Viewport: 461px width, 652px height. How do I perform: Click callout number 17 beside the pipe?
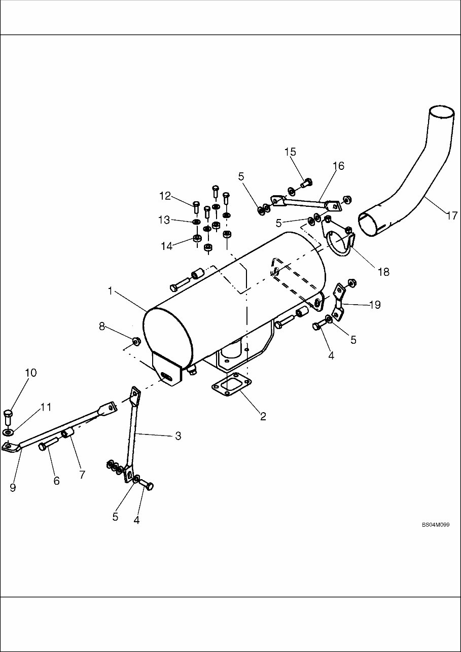click(x=451, y=215)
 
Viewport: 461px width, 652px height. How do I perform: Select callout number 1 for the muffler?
click(x=110, y=291)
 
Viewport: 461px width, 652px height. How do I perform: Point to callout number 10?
click(x=30, y=373)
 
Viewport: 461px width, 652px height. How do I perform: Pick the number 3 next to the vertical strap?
click(x=178, y=436)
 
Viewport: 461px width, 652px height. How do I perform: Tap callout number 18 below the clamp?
click(x=383, y=272)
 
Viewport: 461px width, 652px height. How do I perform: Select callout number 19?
click(x=375, y=305)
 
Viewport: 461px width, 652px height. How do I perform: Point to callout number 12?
click(x=165, y=196)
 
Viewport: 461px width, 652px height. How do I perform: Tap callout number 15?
click(x=290, y=152)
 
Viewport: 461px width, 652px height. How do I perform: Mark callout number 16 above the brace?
click(x=338, y=166)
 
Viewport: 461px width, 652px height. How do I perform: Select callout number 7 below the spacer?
click(x=82, y=475)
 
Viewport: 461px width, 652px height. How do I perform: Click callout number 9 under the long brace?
click(x=13, y=487)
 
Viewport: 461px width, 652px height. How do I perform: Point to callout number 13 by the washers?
click(x=164, y=220)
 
